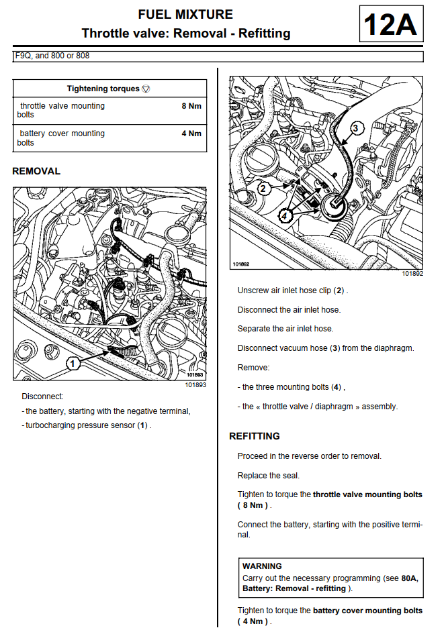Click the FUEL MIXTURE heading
point(185,14)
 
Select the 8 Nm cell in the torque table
point(191,106)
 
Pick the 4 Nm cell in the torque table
point(191,134)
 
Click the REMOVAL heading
point(36,171)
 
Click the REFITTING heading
point(255,436)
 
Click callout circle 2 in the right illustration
point(264,189)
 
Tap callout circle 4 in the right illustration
point(285,216)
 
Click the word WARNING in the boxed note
point(262,566)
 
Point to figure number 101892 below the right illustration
point(412,274)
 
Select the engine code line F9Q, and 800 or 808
point(52,56)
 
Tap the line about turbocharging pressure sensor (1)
point(88,425)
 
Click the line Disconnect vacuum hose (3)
point(326,348)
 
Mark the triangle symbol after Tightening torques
point(146,89)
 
